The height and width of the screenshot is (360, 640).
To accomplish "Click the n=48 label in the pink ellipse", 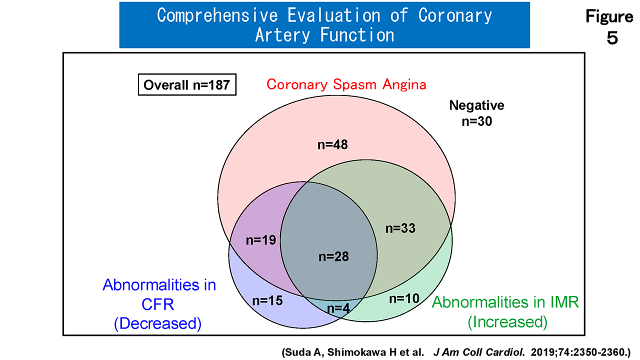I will point(332,145).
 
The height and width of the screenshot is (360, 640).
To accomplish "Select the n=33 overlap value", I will point(401,228).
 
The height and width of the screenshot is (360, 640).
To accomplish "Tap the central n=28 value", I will point(333,257).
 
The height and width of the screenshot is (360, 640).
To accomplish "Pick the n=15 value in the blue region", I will point(267,300).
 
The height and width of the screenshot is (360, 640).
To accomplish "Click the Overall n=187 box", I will point(186,85).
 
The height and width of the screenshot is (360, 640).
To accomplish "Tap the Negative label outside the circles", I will point(476,105).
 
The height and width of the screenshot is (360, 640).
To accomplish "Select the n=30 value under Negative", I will point(476,121).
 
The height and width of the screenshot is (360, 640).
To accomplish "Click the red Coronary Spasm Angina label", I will point(346,84).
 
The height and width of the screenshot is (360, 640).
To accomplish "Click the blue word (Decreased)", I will point(157,323).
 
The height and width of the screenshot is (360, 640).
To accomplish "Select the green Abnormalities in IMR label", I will point(505,302).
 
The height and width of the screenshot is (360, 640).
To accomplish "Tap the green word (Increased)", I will point(507,321).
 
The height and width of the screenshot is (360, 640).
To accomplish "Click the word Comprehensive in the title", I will point(217,15).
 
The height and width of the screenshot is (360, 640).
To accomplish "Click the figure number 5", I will point(612,38).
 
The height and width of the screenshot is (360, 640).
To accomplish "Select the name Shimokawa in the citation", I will point(365,351).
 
